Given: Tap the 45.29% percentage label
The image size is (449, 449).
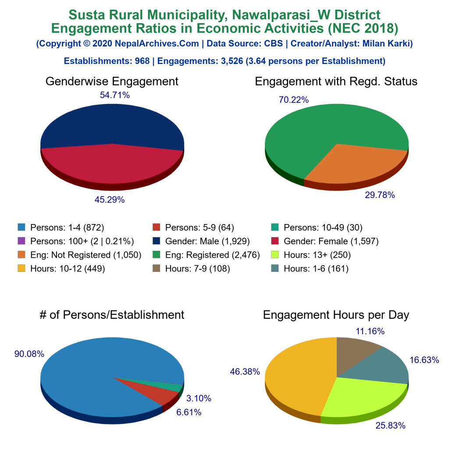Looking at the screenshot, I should [x=110, y=200].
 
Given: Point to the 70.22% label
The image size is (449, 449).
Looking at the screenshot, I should [x=294, y=100].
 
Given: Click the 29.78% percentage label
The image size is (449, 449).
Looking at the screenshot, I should [x=380, y=195].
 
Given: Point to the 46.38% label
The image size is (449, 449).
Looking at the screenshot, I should [x=245, y=372].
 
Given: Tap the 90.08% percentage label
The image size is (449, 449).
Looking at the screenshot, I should [x=29, y=354].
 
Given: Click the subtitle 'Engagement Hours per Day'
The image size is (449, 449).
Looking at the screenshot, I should [x=336, y=315].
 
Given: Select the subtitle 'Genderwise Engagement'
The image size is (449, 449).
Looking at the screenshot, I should [x=112, y=82].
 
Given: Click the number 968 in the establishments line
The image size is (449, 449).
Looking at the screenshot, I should [x=141, y=61].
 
